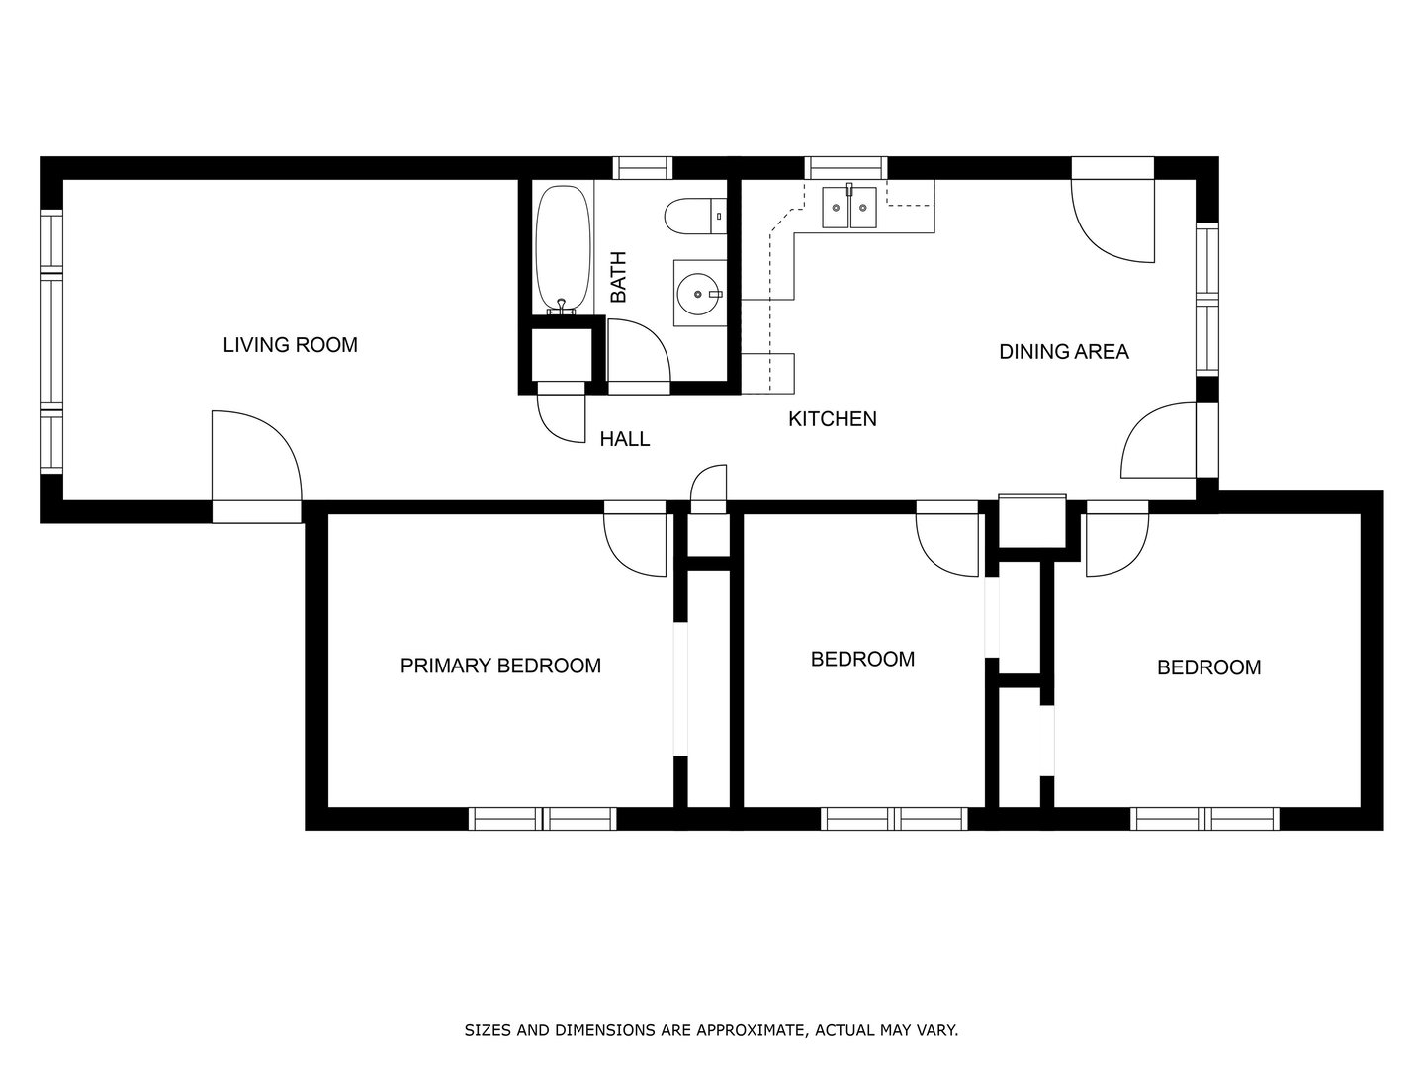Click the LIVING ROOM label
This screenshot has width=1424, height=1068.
point(290,345)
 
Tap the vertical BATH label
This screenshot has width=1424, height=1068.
point(618,277)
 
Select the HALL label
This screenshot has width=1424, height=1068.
point(625,439)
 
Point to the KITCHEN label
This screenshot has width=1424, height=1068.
point(832,419)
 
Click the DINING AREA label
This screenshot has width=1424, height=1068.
point(1063,352)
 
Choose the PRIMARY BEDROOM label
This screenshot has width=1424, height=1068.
point(500,666)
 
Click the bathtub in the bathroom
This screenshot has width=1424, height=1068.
point(563,248)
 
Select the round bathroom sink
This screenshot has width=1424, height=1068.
point(700,293)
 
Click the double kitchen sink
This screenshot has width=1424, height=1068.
point(849,208)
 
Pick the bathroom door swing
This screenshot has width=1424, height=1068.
point(638,353)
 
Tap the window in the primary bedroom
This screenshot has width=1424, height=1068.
point(542,819)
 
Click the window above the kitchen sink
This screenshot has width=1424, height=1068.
point(845,168)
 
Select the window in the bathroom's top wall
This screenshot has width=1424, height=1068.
point(643,168)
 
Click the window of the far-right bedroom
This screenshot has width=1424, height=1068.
point(1204,819)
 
